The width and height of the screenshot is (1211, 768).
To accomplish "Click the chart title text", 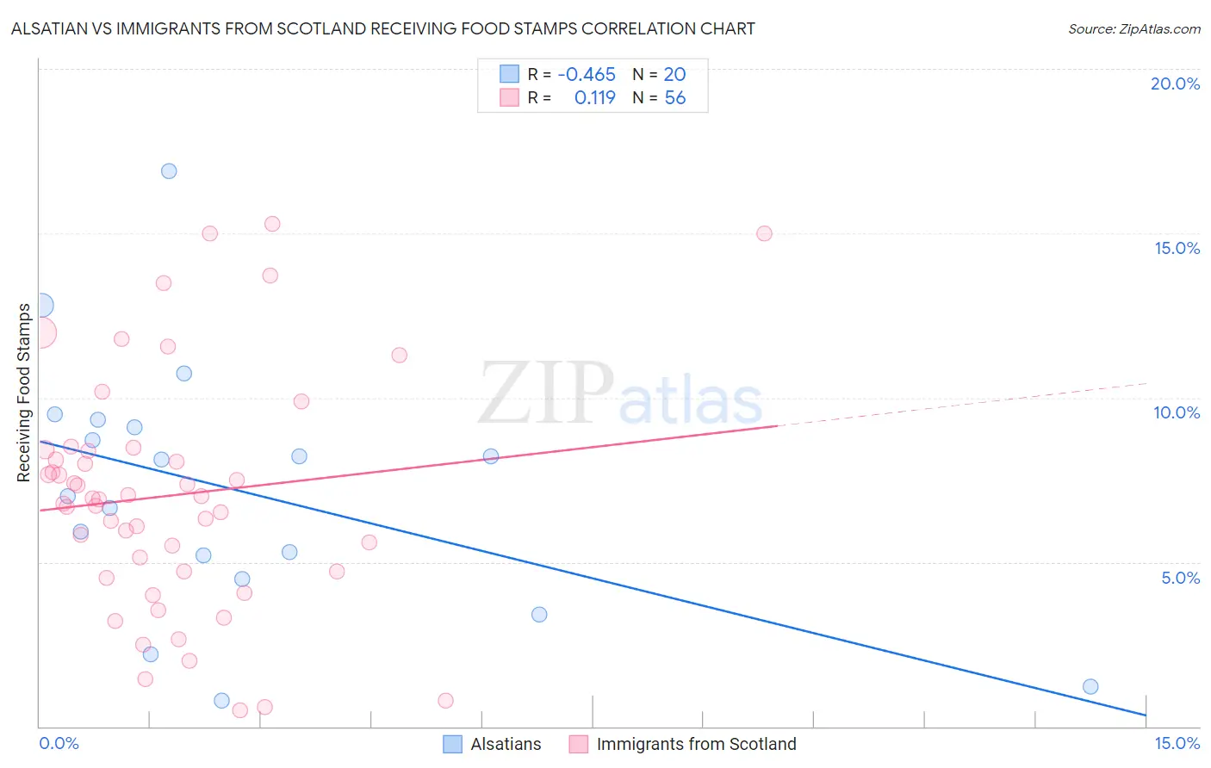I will click(x=382, y=28).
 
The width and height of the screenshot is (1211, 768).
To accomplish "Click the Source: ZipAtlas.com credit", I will click(x=1133, y=28).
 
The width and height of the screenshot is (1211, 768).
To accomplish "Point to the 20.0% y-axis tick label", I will click(x=1175, y=84).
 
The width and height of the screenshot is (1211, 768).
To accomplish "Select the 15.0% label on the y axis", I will click(x=1177, y=248).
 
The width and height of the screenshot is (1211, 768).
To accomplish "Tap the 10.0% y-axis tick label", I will click(x=1177, y=412).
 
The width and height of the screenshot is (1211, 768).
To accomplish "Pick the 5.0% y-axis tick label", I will click(x=1180, y=578).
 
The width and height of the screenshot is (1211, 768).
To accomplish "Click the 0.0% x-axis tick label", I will click(x=59, y=743).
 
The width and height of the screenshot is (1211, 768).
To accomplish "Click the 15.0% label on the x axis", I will click(x=1177, y=743).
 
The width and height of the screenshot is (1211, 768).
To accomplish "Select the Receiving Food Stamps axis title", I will click(x=24, y=393).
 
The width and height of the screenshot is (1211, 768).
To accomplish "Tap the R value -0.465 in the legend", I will click(x=587, y=75).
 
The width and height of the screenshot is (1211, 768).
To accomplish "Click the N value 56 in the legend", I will click(x=675, y=98).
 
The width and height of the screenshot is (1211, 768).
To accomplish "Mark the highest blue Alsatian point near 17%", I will click(x=169, y=171).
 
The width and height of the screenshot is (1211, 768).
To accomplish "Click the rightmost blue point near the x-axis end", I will click(x=1090, y=686).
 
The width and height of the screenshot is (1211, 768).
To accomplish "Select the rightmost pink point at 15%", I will click(x=764, y=233).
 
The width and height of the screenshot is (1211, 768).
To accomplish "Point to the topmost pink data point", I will click(x=272, y=224).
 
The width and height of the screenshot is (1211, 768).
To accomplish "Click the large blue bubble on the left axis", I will click(x=40, y=305).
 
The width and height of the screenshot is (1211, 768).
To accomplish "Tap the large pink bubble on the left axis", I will click(x=40, y=332).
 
